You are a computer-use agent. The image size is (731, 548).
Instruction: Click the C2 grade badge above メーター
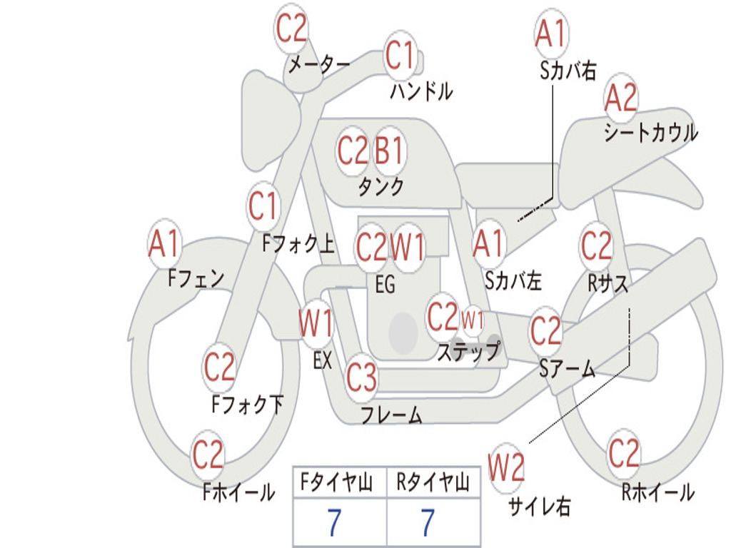point(291,29)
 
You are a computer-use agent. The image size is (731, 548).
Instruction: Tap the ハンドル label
point(422,91)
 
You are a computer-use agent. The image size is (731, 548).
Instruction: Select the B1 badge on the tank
point(390,150)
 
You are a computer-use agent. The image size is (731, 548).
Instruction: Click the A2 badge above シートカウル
point(621,98)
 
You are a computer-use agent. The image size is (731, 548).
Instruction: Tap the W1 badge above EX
point(316,323)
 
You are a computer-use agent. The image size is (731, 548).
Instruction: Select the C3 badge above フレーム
point(361,377)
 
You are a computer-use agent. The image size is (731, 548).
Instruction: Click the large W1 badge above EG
point(408,247)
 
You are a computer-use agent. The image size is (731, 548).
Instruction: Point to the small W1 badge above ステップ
point(473,319)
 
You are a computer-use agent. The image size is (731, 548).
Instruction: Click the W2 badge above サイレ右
point(506,468)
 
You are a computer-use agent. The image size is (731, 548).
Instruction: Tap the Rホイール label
point(657,492)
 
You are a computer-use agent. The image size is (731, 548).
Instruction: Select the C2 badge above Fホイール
point(208,455)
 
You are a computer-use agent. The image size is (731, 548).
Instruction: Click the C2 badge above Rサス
point(596,245)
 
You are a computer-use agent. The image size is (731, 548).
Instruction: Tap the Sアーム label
point(567,369)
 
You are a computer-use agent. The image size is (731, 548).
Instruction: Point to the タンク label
point(380,187)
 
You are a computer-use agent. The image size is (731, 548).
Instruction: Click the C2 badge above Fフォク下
point(219,367)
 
